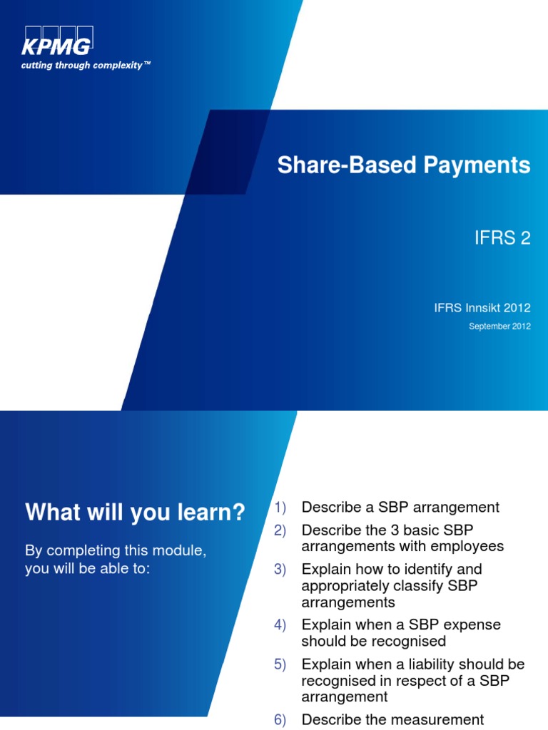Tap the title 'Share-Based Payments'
[x=403, y=165]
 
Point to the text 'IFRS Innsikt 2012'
[x=482, y=308]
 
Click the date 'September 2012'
[x=499, y=327]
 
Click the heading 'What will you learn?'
[x=135, y=512]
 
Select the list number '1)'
[x=280, y=508]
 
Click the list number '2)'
[x=280, y=530]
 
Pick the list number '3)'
[x=280, y=570]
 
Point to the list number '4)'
[x=280, y=625]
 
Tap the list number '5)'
[x=280, y=664]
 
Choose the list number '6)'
[x=280, y=720]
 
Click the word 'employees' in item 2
[x=470, y=547]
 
